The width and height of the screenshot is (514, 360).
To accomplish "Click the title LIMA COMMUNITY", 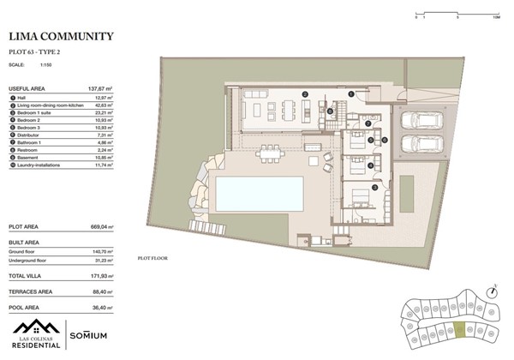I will click(x=61, y=37).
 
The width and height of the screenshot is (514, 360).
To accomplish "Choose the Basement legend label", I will click(x=30, y=158).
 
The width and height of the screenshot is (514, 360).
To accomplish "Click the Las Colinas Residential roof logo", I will click(x=36, y=327).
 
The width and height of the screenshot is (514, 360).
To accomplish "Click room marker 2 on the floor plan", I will click(x=305, y=93).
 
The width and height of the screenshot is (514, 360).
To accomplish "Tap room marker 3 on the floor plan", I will click(x=374, y=186).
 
